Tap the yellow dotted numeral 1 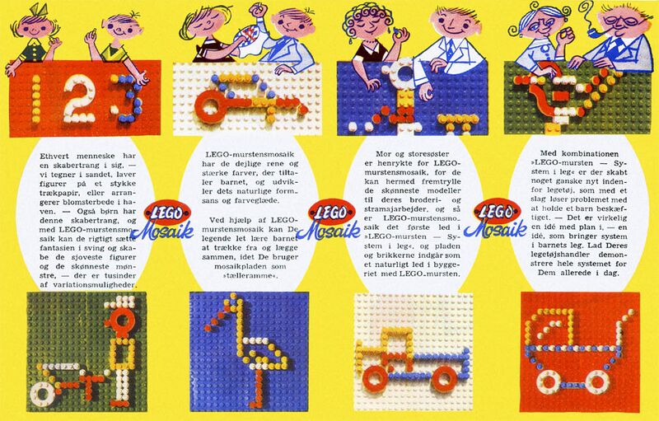(36, 99)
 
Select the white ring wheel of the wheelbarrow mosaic (42, 394)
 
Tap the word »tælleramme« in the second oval (250, 276)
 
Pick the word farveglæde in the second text (255, 200)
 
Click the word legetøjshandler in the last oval (550, 255)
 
